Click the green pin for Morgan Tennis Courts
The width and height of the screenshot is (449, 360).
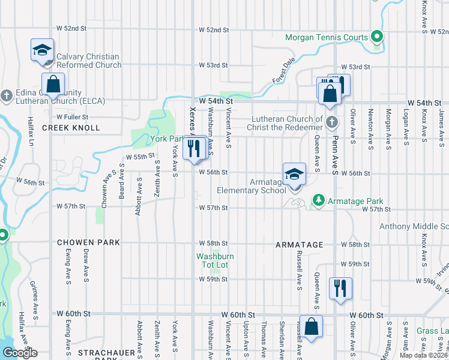pos(376,38)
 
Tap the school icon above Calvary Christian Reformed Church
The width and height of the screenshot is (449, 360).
pos(43,49)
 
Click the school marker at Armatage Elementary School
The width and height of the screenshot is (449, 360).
pos(294,174)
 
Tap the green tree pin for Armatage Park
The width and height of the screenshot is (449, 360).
pos(318,201)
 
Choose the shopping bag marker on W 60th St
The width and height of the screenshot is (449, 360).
pos(311,327)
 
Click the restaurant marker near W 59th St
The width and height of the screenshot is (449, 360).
pos(340,288)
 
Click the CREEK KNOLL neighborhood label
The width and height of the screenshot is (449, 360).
pos(62,128)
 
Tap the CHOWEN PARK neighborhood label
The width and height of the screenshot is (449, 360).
pos(88,242)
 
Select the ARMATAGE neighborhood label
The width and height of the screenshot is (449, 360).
pos(300,245)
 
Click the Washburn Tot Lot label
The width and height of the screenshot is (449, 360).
pos(215,260)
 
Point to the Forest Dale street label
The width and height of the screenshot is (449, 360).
pos(284,71)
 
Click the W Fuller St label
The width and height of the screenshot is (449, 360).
pos(73,117)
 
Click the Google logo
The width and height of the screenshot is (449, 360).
pos(19,353)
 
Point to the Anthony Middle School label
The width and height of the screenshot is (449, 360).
pos(414,226)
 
